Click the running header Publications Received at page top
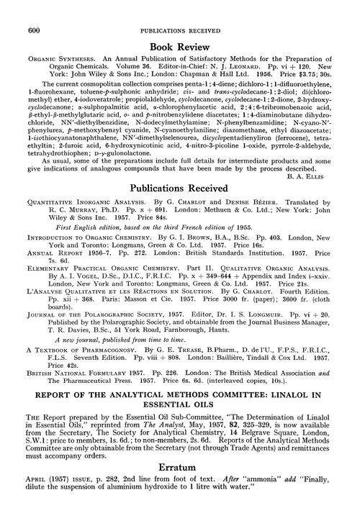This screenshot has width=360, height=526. tap(179, 9)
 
